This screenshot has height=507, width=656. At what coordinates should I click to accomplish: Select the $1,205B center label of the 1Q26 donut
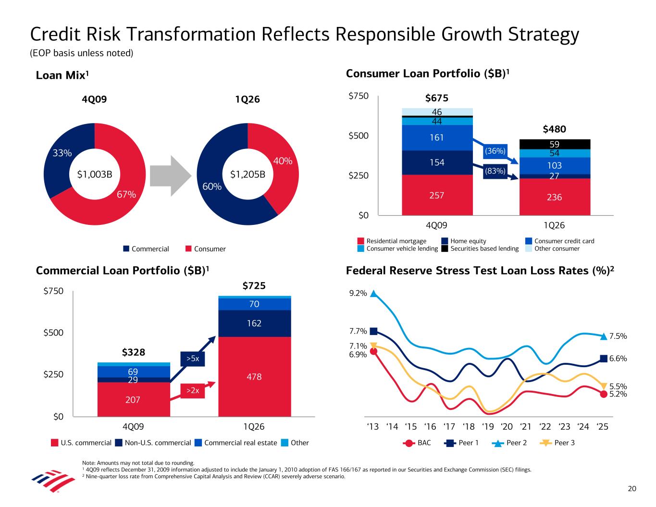point(248,174)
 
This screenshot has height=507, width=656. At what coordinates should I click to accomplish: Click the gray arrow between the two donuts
point(168,174)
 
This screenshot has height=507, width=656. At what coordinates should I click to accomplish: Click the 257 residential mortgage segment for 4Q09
point(437,195)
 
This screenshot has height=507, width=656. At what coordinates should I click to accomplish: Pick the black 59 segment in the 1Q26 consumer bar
point(555,144)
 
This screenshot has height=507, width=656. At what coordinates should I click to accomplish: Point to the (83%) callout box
point(495,171)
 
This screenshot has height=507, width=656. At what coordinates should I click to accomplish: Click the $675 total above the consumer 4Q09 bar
point(437,99)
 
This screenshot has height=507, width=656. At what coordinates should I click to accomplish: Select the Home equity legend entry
point(464,241)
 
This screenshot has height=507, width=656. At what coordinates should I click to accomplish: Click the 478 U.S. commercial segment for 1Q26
point(254,377)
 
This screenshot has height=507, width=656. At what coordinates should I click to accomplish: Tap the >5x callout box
point(192,359)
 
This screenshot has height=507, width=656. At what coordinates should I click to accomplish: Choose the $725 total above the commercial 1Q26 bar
point(254,286)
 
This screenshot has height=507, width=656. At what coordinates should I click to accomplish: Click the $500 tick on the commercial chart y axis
point(54,333)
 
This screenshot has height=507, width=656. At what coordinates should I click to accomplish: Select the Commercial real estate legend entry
point(236,443)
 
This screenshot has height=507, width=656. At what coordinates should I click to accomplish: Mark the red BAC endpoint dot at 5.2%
point(604,394)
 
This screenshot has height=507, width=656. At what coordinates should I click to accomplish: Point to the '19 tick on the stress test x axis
point(488,427)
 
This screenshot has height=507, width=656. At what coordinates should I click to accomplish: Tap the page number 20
point(632,489)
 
